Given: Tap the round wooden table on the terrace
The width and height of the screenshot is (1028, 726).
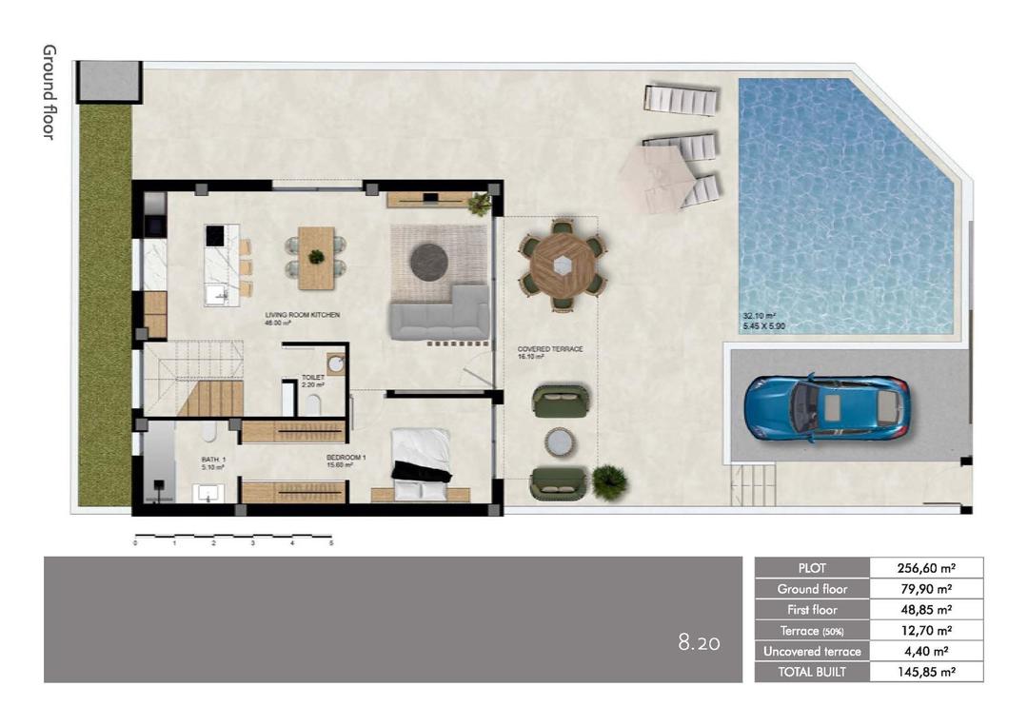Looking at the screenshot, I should coord(562,265).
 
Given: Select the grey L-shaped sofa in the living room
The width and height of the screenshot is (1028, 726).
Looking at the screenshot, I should coord(439,313).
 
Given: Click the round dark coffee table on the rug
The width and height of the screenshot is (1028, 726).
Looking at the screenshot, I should coord(428,262).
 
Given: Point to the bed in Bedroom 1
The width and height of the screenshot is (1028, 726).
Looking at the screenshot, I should coord(420,463).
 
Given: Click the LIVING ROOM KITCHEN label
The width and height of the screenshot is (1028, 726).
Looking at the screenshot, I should coord(302,315).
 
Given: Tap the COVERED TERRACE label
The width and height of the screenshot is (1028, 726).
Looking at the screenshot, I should coord(550,349).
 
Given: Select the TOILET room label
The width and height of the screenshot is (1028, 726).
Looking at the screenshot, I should coord(313,378).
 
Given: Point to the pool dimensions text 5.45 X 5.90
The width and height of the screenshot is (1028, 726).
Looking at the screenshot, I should coord(764,326).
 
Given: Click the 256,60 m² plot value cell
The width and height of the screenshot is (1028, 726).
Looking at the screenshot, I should coord(926,568).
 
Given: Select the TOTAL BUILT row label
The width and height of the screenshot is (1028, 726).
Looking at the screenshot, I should coord(812,672).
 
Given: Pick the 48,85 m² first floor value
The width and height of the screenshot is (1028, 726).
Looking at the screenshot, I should coord(926,610).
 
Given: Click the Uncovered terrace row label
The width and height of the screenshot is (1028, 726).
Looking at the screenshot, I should coord(812,652).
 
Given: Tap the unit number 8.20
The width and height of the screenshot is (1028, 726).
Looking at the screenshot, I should coord(699,643).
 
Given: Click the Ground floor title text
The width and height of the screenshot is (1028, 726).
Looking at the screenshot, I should coord(49,91).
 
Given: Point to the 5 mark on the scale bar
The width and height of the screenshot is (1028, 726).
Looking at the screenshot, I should coord(331,543).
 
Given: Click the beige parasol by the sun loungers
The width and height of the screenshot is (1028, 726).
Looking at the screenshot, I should coord(658,173).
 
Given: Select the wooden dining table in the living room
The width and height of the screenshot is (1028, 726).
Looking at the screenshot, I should coord(316,258).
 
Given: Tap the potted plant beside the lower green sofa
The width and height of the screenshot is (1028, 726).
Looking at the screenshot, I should coord(609,481).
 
